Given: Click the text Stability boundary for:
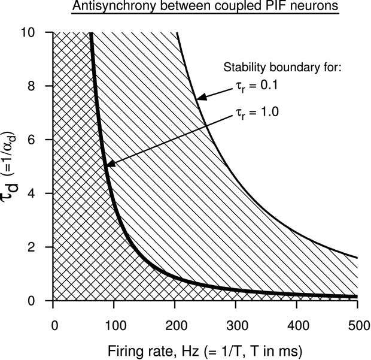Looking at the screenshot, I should pyautogui.click(x=281, y=67).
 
